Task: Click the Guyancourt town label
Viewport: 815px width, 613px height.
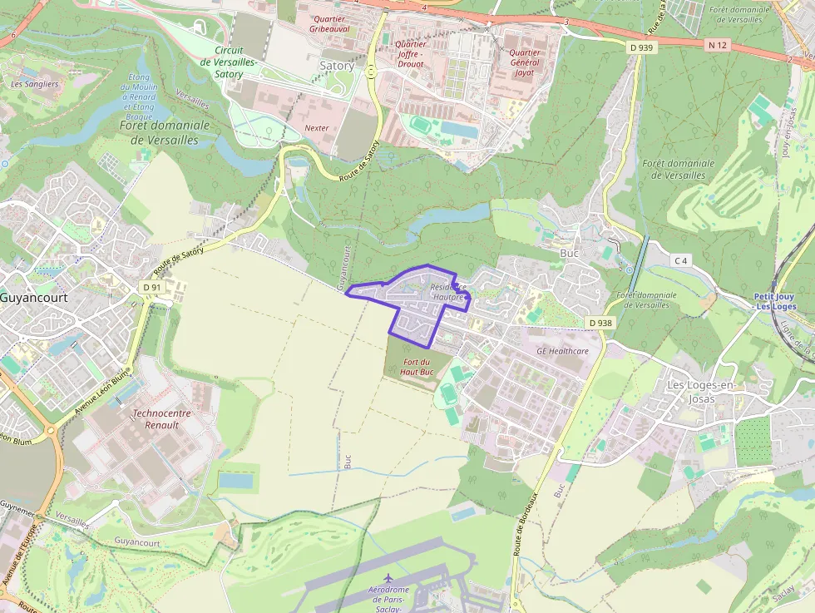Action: pos(34,297)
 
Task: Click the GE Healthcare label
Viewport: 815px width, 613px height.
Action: pos(562,351)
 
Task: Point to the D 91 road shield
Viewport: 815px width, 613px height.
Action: pos(151,288)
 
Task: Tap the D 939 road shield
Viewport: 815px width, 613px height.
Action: pos(643,48)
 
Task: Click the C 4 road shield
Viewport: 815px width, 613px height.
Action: pos(681,261)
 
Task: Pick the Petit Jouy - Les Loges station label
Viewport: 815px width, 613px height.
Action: pos(774,301)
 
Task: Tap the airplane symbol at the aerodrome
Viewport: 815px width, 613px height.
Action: pos(388,577)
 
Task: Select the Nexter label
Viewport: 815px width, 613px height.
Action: pos(316,128)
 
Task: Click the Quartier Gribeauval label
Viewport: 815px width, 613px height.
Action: pos(330,23)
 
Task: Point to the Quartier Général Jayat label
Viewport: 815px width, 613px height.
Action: pos(523,62)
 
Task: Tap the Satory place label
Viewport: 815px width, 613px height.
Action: pos(337,66)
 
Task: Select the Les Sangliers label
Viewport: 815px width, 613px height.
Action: pos(34,84)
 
